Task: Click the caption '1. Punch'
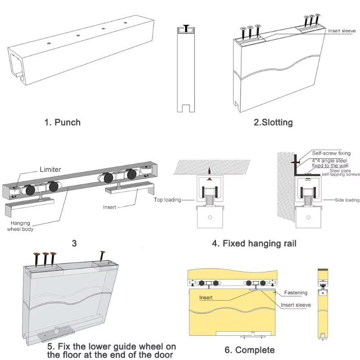point(62,122)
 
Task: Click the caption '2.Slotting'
point(273,122)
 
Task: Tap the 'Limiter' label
point(50,169)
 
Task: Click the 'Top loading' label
point(167,200)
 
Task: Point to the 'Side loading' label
point(346,200)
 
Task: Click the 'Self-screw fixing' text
point(331,153)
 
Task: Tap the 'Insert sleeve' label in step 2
point(342,31)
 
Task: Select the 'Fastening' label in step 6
point(296,292)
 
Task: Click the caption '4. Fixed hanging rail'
point(254,243)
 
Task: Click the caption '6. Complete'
point(249,350)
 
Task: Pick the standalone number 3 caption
point(74,243)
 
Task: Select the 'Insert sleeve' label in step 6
point(296,305)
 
